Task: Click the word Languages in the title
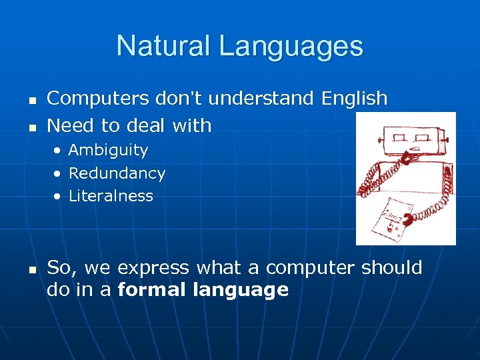tap(291, 46)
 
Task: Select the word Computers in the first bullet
tap(97, 98)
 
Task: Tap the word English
tap(354, 98)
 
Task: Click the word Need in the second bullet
tap(69, 125)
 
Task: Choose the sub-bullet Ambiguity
tap(108, 151)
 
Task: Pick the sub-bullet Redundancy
tap(117, 173)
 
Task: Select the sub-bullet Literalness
tap(111, 196)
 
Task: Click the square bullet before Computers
tap(31, 99)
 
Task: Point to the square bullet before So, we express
tap(31, 269)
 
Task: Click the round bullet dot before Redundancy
tap(58, 174)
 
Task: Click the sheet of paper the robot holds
tap(393, 217)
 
